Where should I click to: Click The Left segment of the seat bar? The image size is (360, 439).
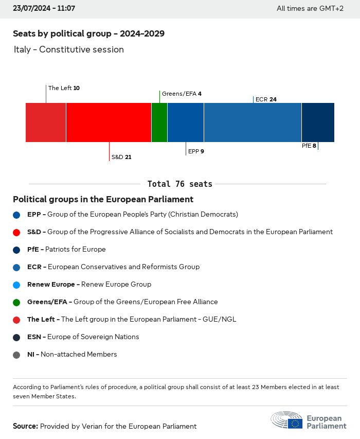tap(46, 122)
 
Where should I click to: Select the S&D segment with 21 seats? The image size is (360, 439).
tap(109, 122)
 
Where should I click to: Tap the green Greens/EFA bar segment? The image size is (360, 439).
tap(159, 122)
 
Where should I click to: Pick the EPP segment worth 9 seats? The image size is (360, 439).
tap(186, 122)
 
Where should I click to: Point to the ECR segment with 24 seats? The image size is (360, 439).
tap(253, 122)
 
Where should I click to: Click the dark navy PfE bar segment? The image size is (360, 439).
tap(318, 122)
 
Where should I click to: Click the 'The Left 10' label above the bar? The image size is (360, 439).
tap(64, 88)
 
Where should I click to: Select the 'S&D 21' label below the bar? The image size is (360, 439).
tap(121, 157)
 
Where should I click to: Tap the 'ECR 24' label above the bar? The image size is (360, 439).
tap(266, 99)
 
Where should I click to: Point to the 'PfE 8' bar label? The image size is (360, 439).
tap(309, 146)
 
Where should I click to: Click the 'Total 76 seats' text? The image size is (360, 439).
tap(179, 184)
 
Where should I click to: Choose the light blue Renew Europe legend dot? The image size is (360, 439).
tap(16, 285)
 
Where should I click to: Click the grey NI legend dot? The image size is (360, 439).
tap(16, 355)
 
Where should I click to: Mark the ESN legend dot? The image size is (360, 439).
tap(16, 337)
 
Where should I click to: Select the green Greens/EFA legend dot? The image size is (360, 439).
tap(16, 302)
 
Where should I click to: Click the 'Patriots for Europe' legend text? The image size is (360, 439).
tap(76, 250)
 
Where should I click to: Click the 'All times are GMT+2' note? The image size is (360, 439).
tap(310, 8)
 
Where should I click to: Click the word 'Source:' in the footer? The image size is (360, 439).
tap(25, 426)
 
